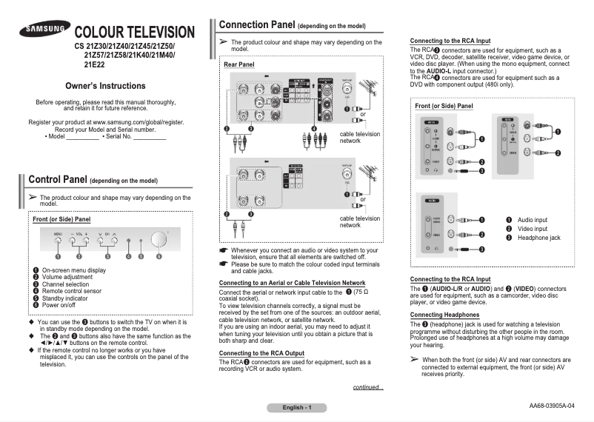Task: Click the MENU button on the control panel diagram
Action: (x=58, y=241)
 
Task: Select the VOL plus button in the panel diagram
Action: (x=85, y=241)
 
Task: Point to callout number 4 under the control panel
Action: (x=128, y=256)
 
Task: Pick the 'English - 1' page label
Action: (x=296, y=408)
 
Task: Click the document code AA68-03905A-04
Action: (x=561, y=406)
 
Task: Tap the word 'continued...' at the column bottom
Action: (x=368, y=386)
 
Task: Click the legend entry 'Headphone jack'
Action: (x=538, y=238)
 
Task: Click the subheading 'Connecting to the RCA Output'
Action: (x=261, y=353)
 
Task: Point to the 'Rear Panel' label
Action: (x=238, y=65)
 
